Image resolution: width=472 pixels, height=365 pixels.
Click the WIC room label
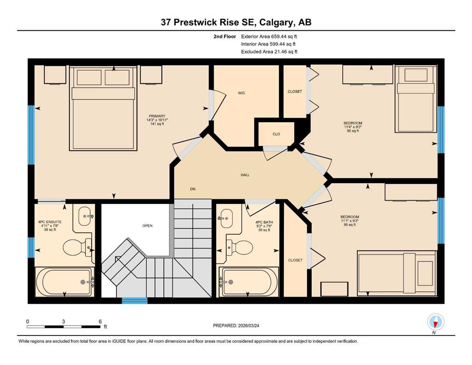[x=241, y=93]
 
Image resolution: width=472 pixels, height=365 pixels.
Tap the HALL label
[x=245, y=175]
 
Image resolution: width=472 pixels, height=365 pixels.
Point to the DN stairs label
[x=193, y=189]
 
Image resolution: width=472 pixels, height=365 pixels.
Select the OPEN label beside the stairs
[x=147, y=226]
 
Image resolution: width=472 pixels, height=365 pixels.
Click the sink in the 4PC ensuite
[x=86, y=216]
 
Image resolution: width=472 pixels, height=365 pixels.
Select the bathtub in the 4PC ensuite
[x=65, y=282]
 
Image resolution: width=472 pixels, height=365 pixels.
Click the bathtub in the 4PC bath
[x=249, y=282]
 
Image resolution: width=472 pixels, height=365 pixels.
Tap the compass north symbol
[x=435, y=322]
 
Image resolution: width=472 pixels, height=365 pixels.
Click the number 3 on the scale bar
[x=64, y=321]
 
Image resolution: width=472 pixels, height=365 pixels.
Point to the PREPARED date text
[x=236, y=326]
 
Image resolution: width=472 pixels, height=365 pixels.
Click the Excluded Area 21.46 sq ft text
[x=269, y=52]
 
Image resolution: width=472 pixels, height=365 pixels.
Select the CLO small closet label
[x=276, y=134]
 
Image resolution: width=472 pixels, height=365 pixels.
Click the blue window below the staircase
[x=135, y=301]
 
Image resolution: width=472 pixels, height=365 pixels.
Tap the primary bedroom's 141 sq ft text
[x=157, y=124]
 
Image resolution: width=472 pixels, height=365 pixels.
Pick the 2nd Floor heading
[x=225, y=37]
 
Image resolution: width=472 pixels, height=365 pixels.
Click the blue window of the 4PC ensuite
[x=31, y=247]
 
